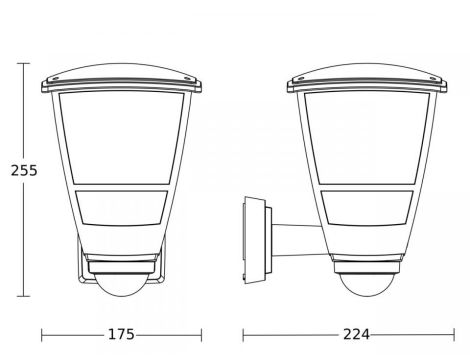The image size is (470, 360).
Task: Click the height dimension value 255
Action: point(24,170)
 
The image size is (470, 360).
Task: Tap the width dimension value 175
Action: point(121,334)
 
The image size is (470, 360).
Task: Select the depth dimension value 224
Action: point(356,334)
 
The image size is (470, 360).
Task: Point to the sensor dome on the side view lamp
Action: point(367,285)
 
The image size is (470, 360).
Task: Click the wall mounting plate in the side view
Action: point(255,240)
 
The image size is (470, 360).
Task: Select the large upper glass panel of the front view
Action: point(121,138)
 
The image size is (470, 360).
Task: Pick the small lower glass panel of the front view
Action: point(121,208)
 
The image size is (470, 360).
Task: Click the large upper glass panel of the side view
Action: point(367,138)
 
